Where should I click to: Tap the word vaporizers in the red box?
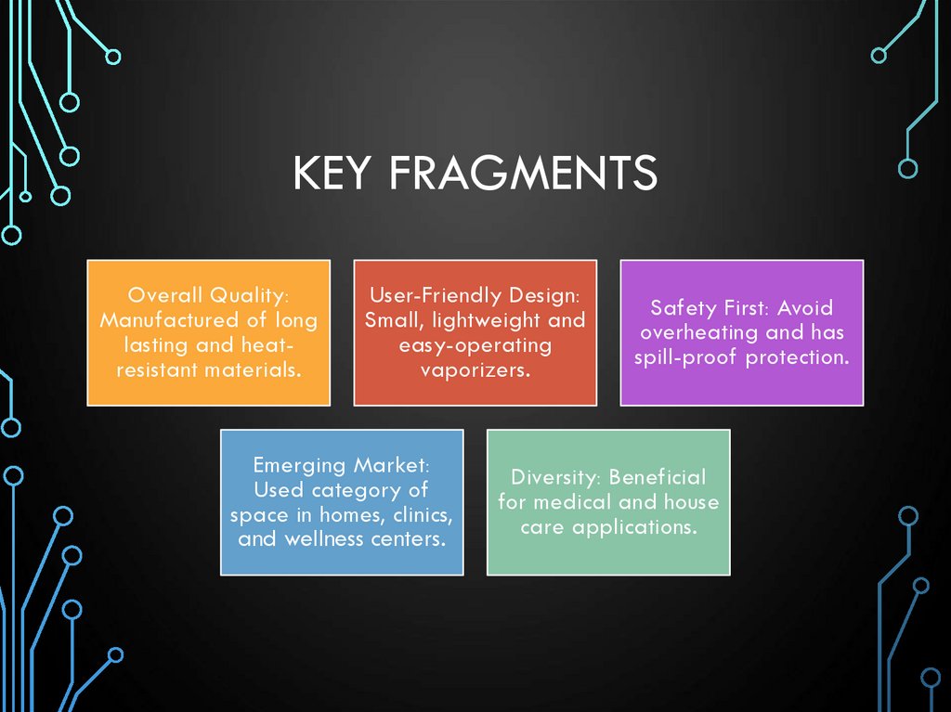point(475,369)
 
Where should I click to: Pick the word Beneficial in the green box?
point(658,477)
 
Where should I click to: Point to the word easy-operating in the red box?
point(475,345)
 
